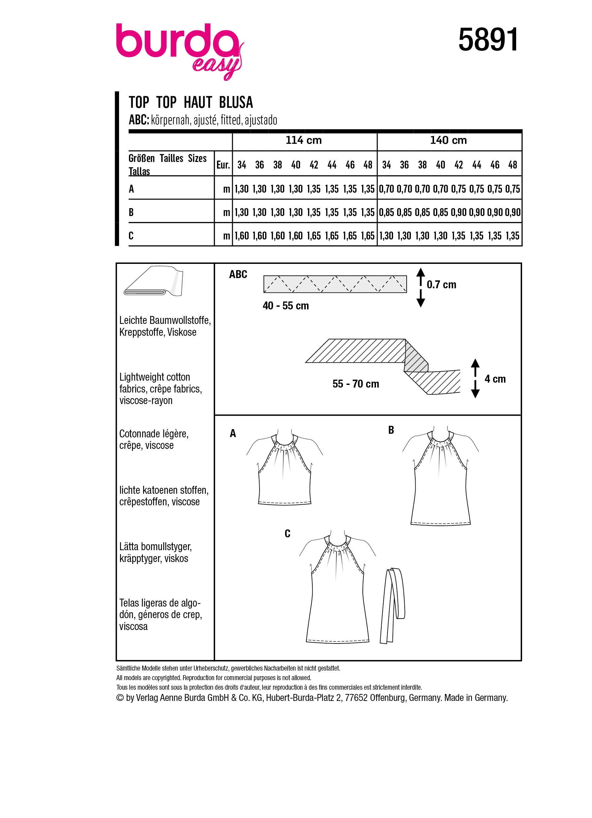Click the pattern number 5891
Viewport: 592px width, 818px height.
coord(488,40)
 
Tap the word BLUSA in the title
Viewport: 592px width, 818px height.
coord(236,103)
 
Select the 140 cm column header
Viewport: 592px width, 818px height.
coord(448,140)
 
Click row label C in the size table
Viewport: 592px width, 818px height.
coord(131,236)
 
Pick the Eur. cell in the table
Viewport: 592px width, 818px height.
coord(223,165)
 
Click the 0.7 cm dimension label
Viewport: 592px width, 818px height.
coord(441,285)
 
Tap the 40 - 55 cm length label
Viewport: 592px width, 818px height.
coord(286,306)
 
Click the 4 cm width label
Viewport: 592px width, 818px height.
coord(495,379)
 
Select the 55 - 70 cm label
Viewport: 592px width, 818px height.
coord(356,384)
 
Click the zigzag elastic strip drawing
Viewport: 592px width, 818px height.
coord(335,284)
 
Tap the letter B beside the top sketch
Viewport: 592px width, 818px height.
coord(391,430)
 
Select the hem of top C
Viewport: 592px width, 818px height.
coord(337,641)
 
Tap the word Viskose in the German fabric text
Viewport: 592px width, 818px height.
coord(182,332)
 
